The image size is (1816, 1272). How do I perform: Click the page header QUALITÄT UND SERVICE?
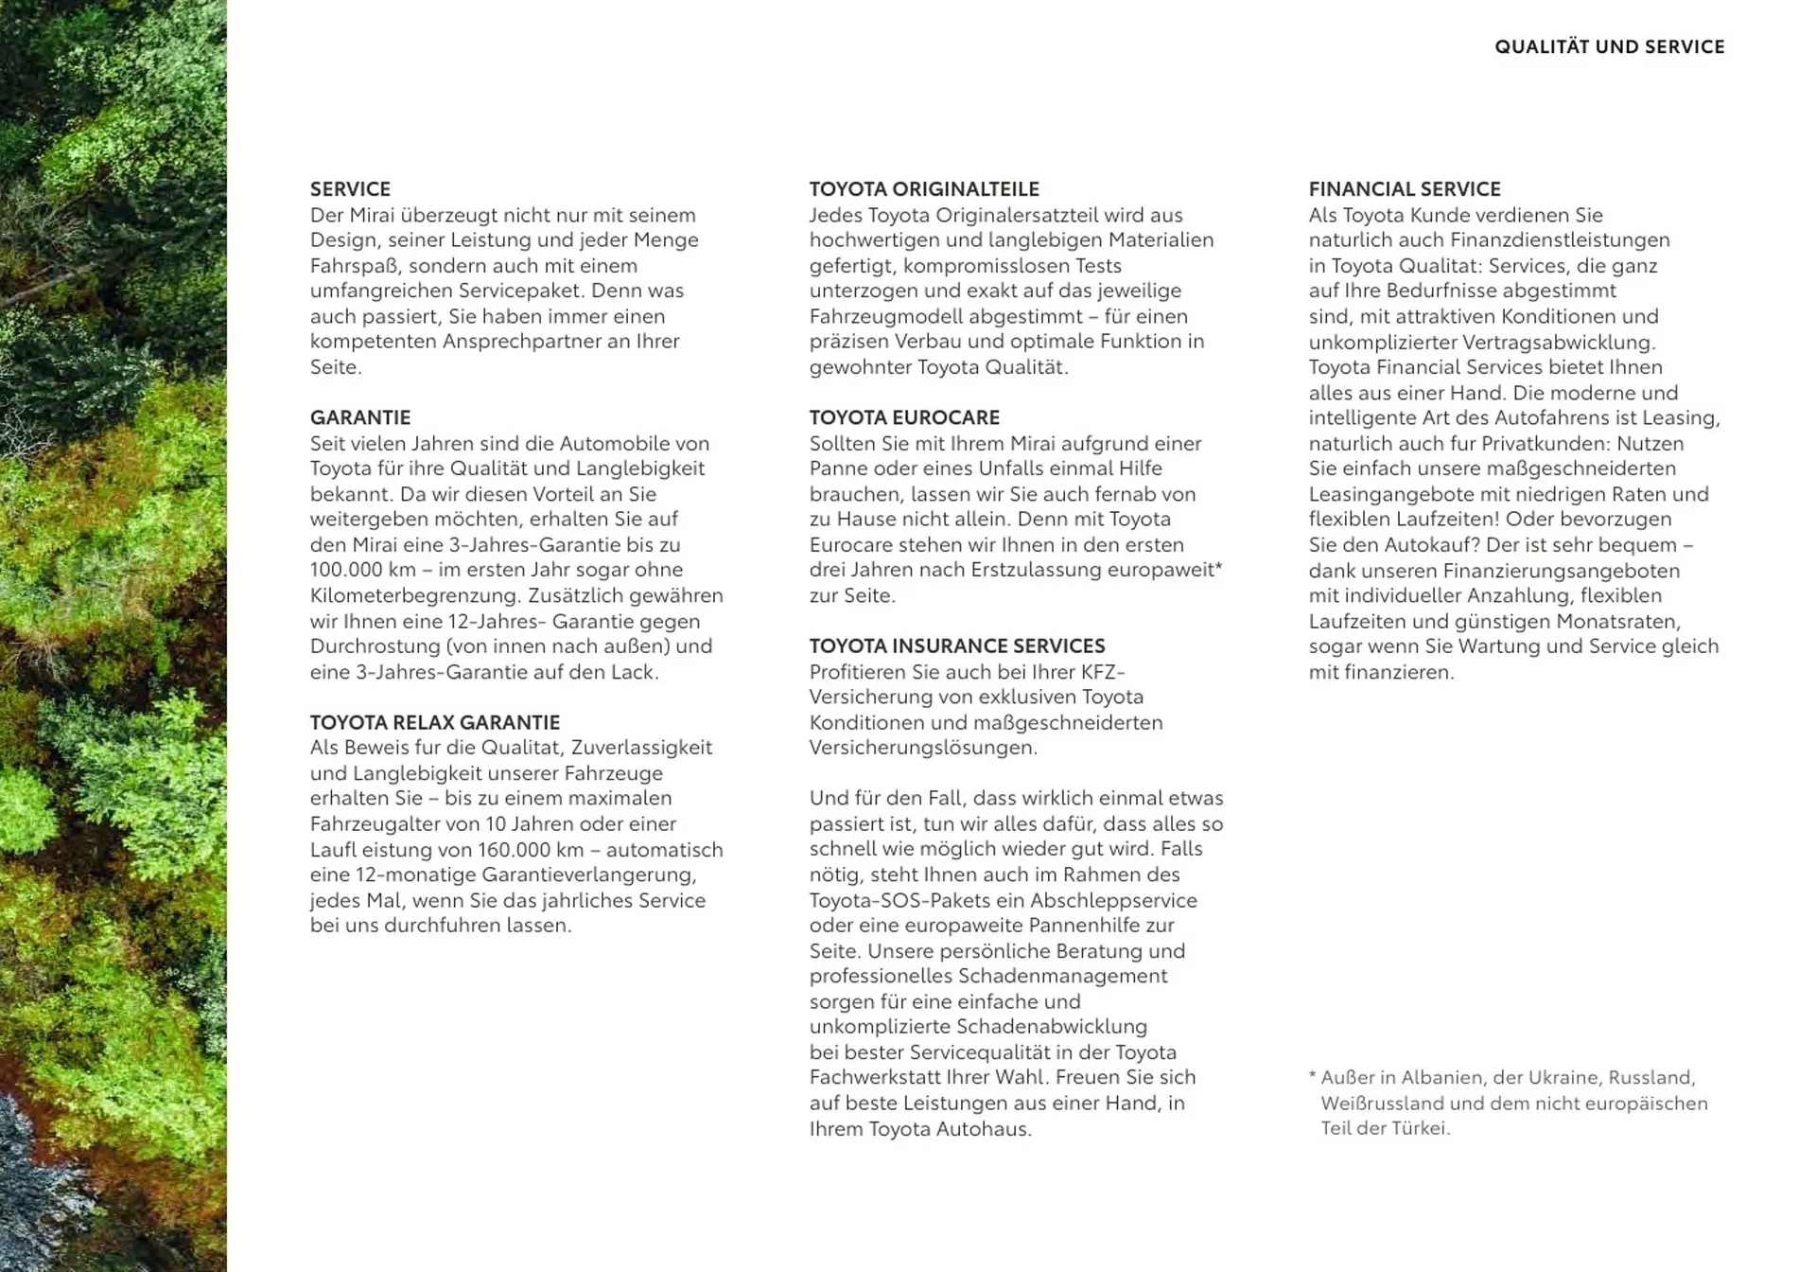point(1609,46)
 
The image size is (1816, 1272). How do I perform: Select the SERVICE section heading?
point(350,188)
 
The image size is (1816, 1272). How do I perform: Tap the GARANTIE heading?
point(360,417)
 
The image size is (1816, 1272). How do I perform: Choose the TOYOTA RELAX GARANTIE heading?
point(435,722)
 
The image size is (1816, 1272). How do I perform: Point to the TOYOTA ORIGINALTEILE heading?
point(924,188)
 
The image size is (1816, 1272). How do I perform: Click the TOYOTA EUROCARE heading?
point(904,417)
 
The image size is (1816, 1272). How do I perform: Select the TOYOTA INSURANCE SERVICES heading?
point(957,645)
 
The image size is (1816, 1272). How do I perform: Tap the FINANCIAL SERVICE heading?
point(1405,188)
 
